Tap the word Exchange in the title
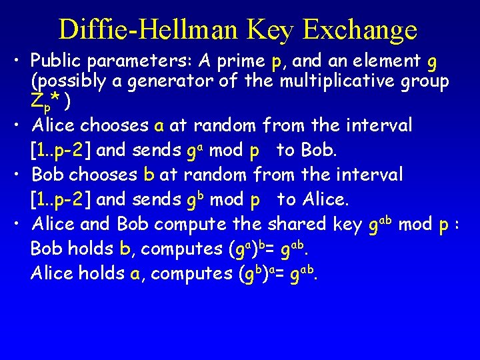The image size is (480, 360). [x=359, y=29]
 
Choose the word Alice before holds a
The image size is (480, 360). [x=51, y=273]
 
